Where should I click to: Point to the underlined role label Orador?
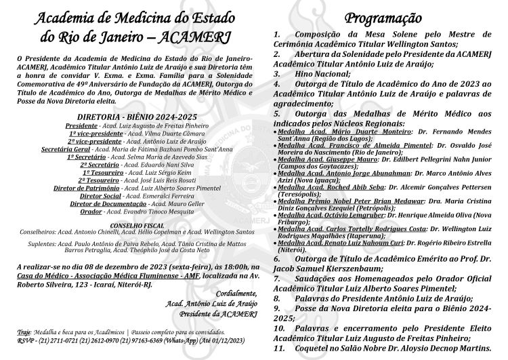point(91,212)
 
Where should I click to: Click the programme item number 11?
point(278,348)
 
